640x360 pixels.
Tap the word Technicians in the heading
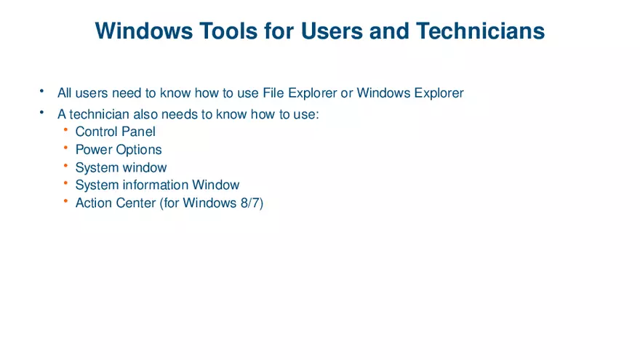(481, 31)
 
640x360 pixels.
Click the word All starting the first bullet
(65, 93)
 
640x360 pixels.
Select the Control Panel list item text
(115, 132)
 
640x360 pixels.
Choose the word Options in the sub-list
(139, 150)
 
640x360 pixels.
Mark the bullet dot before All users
(42, 91)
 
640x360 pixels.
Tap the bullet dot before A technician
(42, 112)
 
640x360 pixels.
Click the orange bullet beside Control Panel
(65, 129)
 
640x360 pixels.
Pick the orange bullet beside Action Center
(65, 201)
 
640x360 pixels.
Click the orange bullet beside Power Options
(65, 148)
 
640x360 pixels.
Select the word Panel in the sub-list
(139, 132)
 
